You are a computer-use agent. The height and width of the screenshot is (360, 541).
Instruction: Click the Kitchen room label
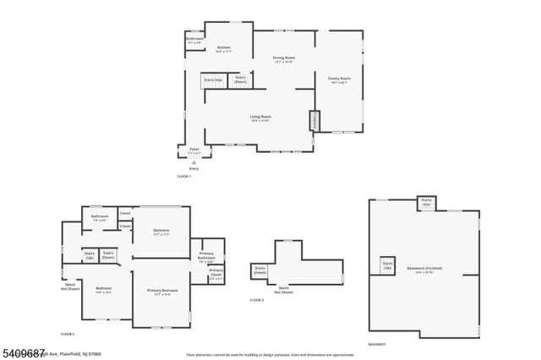224,49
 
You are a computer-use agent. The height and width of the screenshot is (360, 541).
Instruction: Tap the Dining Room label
282,60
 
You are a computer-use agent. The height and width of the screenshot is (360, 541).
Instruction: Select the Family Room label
339,79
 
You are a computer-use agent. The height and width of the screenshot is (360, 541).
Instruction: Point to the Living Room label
260,117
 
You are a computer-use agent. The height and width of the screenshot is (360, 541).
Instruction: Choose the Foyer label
194,150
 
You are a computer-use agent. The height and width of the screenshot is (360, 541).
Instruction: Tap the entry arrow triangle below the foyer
194,161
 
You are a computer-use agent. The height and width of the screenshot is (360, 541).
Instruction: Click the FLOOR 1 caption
184,176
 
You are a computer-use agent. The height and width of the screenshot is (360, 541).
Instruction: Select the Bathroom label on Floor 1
194,40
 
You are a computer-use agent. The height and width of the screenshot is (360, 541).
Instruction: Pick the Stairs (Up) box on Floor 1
213,80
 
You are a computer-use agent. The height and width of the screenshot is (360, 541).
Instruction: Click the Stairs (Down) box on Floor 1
240,81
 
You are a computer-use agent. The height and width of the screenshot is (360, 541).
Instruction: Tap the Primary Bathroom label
206,257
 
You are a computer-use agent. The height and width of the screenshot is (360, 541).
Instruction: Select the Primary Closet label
216,275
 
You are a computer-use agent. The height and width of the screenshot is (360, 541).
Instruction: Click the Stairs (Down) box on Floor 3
260,270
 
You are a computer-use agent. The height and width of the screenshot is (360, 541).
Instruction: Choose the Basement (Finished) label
424,270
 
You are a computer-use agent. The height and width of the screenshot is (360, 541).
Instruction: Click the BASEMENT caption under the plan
377,344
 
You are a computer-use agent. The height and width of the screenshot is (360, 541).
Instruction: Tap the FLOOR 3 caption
257,300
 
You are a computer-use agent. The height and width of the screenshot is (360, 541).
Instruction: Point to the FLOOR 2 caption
67,334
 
